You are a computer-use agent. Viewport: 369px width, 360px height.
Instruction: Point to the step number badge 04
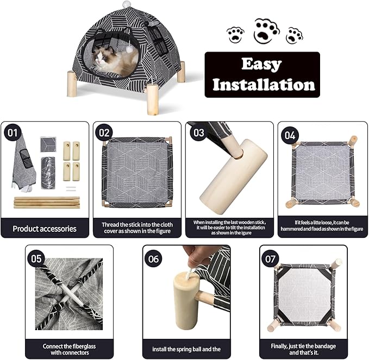point(290,135)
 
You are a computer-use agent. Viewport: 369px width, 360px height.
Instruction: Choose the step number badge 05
point(37,258)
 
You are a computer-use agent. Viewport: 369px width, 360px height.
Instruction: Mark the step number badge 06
point(154,259)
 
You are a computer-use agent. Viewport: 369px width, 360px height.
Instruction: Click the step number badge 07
point(271,258)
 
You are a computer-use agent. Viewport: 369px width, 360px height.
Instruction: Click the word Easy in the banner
point(262,65)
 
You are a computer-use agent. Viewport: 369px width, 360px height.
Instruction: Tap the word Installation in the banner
point(263,85)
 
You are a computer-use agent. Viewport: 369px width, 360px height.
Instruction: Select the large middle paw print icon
point(267,31)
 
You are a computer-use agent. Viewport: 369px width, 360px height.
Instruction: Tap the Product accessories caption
point(45,229)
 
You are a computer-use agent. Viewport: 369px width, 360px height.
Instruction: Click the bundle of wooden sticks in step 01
point(46,202)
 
